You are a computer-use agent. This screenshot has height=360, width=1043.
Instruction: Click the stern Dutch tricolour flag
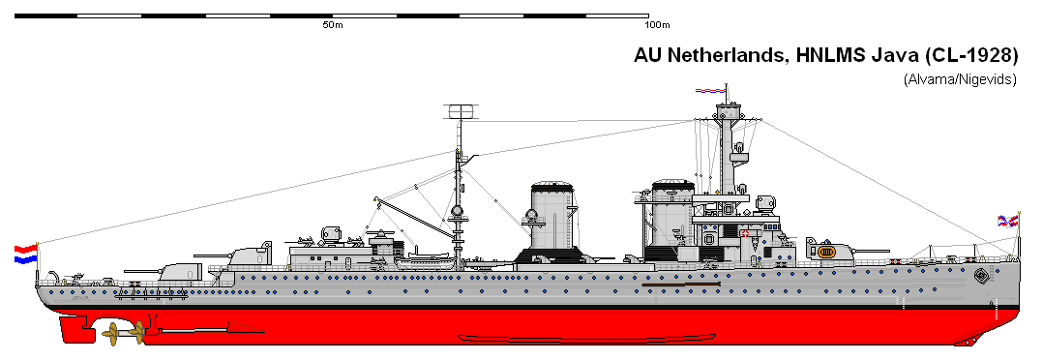click(24, 255)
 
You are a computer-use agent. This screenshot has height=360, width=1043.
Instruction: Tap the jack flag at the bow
click(1008, 223)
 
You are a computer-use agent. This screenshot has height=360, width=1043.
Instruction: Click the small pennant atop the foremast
click(709, 91)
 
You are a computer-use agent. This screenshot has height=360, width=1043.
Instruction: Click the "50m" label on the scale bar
click(332, 24)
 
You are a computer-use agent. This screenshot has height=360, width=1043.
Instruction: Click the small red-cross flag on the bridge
click(746, 233)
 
